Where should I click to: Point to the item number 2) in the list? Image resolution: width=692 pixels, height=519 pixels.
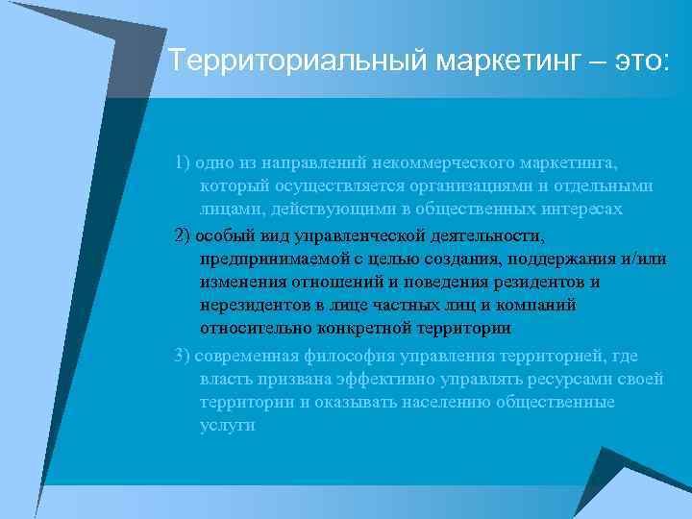click(183, 235)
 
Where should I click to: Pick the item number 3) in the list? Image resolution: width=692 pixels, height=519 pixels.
click(183, 356)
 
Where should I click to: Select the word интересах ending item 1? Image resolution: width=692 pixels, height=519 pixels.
click(578, 208)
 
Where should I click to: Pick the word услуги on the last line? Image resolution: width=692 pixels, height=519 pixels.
click(227, 425)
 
